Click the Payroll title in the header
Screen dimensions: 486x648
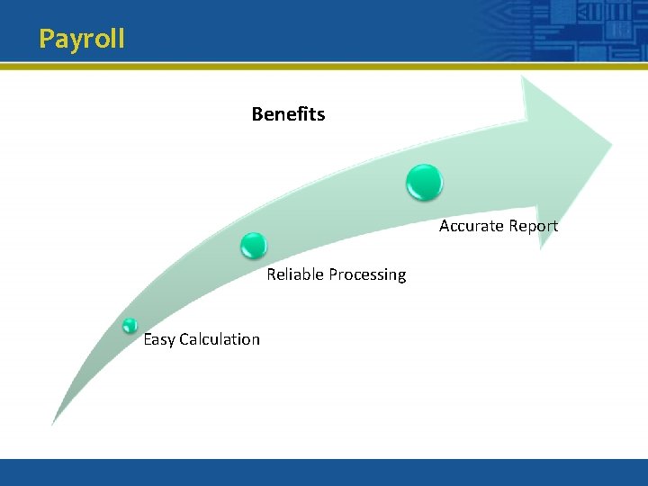82,40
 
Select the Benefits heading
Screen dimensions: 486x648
288,114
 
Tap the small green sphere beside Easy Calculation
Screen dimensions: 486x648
130,326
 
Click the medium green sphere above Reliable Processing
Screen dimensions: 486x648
254,245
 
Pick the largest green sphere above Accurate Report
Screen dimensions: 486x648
424,182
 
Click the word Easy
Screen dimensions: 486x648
159,339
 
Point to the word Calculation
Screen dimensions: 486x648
220,339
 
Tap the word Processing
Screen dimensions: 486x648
367,274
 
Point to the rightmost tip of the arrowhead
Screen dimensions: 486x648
611,143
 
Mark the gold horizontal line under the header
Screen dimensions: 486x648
324,66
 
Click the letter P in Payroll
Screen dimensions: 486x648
47,40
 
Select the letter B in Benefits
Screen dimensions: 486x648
257,114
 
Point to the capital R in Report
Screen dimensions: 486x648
510,226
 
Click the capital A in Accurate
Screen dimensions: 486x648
445,226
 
